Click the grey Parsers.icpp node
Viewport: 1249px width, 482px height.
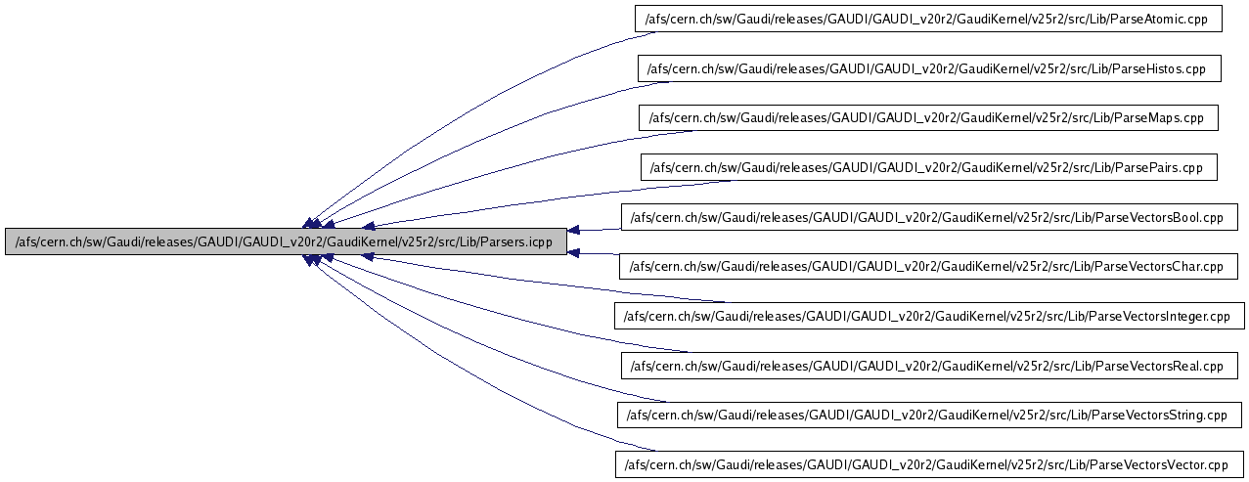coord(286,242)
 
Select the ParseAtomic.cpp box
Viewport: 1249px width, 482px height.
coord(928,19)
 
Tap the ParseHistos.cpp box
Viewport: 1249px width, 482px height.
coord(929,68)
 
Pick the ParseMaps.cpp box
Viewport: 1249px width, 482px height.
coord(928,117)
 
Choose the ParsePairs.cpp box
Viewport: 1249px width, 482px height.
coord(928,167)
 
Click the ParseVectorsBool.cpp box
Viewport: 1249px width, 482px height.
coord(928,217)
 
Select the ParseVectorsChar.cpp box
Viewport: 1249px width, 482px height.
coord(928,266)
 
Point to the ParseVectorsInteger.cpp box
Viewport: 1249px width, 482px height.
coord(928,316)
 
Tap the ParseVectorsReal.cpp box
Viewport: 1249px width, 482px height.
coord(928,366)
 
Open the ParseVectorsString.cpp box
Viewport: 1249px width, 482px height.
coord(928,415)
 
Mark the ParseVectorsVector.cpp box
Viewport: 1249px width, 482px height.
coord(928,464)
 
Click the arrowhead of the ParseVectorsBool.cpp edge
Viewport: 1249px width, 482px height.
coord(576,231)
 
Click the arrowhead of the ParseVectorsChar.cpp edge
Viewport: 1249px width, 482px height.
coord(576,254)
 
